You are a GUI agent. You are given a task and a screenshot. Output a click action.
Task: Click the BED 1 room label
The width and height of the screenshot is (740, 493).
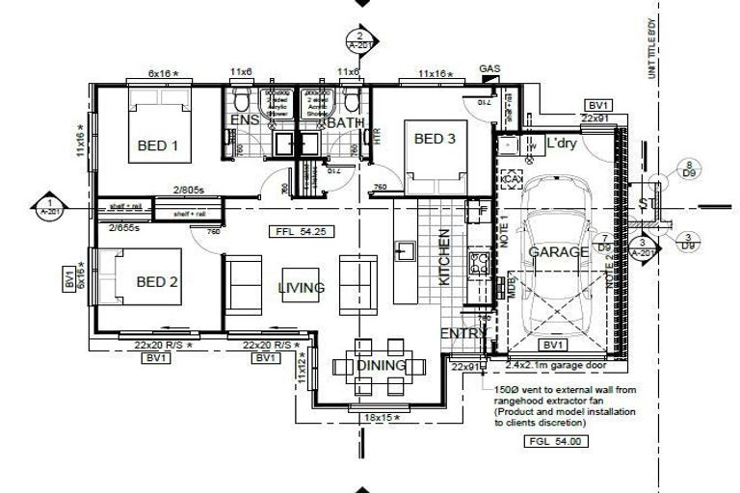(x=159, y=146)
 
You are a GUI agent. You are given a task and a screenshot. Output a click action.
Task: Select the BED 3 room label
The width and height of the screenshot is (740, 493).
(x=435, y=139)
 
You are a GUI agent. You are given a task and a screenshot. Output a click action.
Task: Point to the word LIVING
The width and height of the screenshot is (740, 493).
(x=301, y=288)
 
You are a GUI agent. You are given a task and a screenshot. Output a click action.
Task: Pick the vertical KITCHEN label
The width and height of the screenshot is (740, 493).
(x=445, y=257)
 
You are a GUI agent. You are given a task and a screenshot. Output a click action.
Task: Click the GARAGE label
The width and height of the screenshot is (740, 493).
(x=558, y=252)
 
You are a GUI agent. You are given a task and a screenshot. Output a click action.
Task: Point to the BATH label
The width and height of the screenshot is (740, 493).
(x=344, y=122)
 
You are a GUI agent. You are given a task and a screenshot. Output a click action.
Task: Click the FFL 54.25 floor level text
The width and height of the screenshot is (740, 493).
(x=298, y=231)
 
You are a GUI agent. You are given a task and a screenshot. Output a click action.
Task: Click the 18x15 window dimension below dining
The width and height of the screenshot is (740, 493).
(x=381, y=418)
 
